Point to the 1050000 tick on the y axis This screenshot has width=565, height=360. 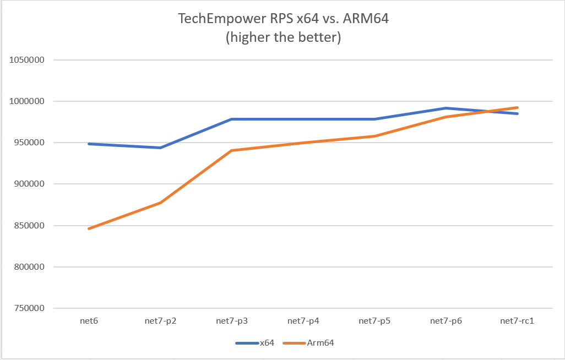pos(26,60)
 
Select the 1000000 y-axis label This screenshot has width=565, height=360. pos(26,101)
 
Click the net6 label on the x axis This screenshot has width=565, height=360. pos(89,321)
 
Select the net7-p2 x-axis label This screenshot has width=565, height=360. pos(160,321)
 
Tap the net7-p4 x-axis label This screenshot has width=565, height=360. pos(303,321)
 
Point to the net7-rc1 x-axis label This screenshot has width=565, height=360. pos(517,321)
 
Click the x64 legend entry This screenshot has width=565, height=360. pos(267,343)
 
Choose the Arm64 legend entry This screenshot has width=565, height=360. pos(323,343)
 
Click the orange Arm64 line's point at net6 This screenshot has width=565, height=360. pos(89,228)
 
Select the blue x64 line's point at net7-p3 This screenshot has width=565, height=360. pos(232,119)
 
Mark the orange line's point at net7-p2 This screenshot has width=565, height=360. pos(160,203)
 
